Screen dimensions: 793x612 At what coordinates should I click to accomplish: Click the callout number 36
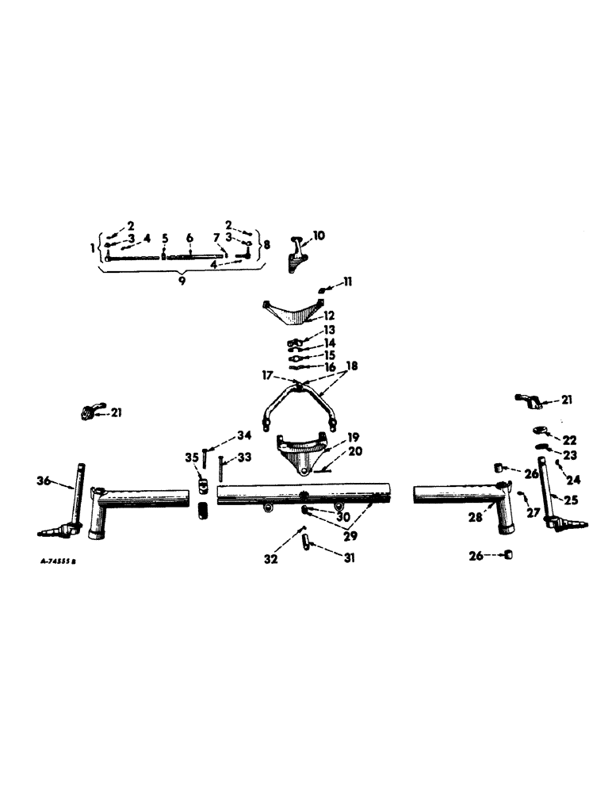(x=43, y=480)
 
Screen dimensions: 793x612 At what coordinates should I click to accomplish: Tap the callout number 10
(x=318, y=236)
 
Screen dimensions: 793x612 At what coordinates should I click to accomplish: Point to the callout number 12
(x=328, y=315)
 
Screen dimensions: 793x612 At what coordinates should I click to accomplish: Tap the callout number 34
(x=244, y=435)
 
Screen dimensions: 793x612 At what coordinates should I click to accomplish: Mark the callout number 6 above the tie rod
(x=190, y=237)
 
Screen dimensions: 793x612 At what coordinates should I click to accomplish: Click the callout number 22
(x=570, y=439)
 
